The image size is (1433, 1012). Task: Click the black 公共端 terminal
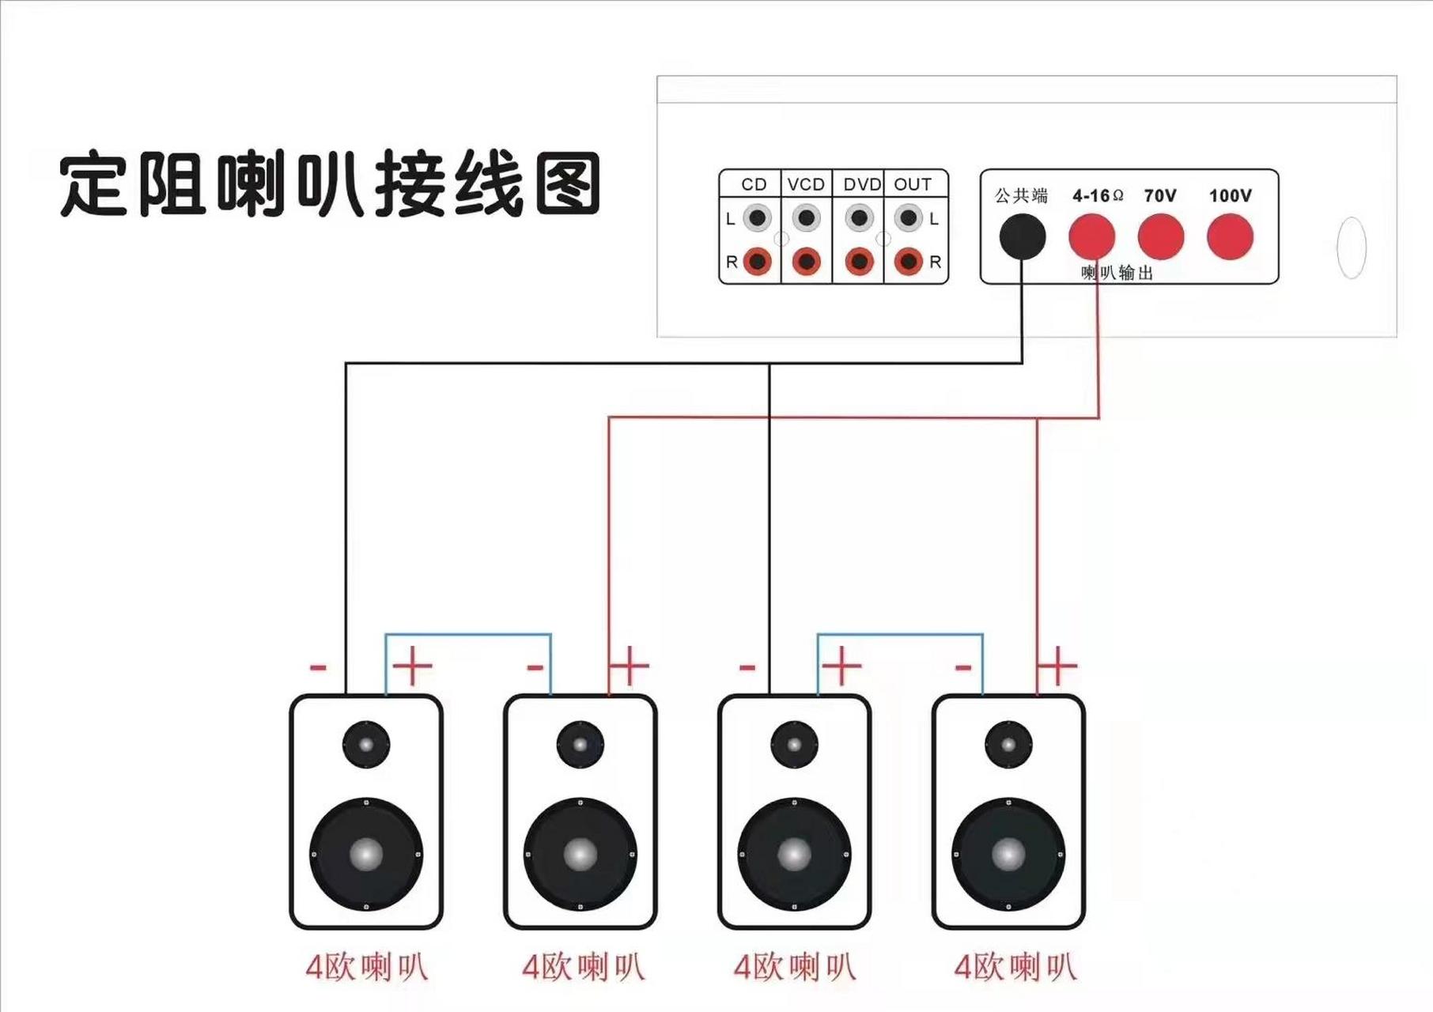pos(1022,236)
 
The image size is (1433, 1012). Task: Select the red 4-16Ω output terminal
pos(1091,236)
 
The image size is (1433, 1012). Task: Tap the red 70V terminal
pos(1160,236)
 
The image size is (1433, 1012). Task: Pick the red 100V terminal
pos(1230,236)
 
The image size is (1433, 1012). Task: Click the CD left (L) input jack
pos(758,217)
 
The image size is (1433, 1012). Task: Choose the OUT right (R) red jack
pos(909,261)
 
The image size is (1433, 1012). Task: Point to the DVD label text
pos(861,184)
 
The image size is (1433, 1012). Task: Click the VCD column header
pos(806,184)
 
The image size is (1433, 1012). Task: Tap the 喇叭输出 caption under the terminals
pos(1117,273)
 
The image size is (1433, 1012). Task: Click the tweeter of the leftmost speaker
pos(366,744)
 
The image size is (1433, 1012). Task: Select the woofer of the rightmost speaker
pos(1008,854)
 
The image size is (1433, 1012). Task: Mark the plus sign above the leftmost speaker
pos(413,666)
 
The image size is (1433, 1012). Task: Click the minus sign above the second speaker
pos(535,668)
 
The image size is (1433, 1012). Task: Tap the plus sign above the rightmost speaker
pos(1057,666)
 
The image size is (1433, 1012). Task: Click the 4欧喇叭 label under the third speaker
pos(794,967)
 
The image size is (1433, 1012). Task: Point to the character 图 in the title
pos(567,184)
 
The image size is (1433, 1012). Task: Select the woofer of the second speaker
pos(580,854)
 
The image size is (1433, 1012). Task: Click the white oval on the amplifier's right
pos(1351,247)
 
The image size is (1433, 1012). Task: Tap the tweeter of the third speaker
pos(794,744)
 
